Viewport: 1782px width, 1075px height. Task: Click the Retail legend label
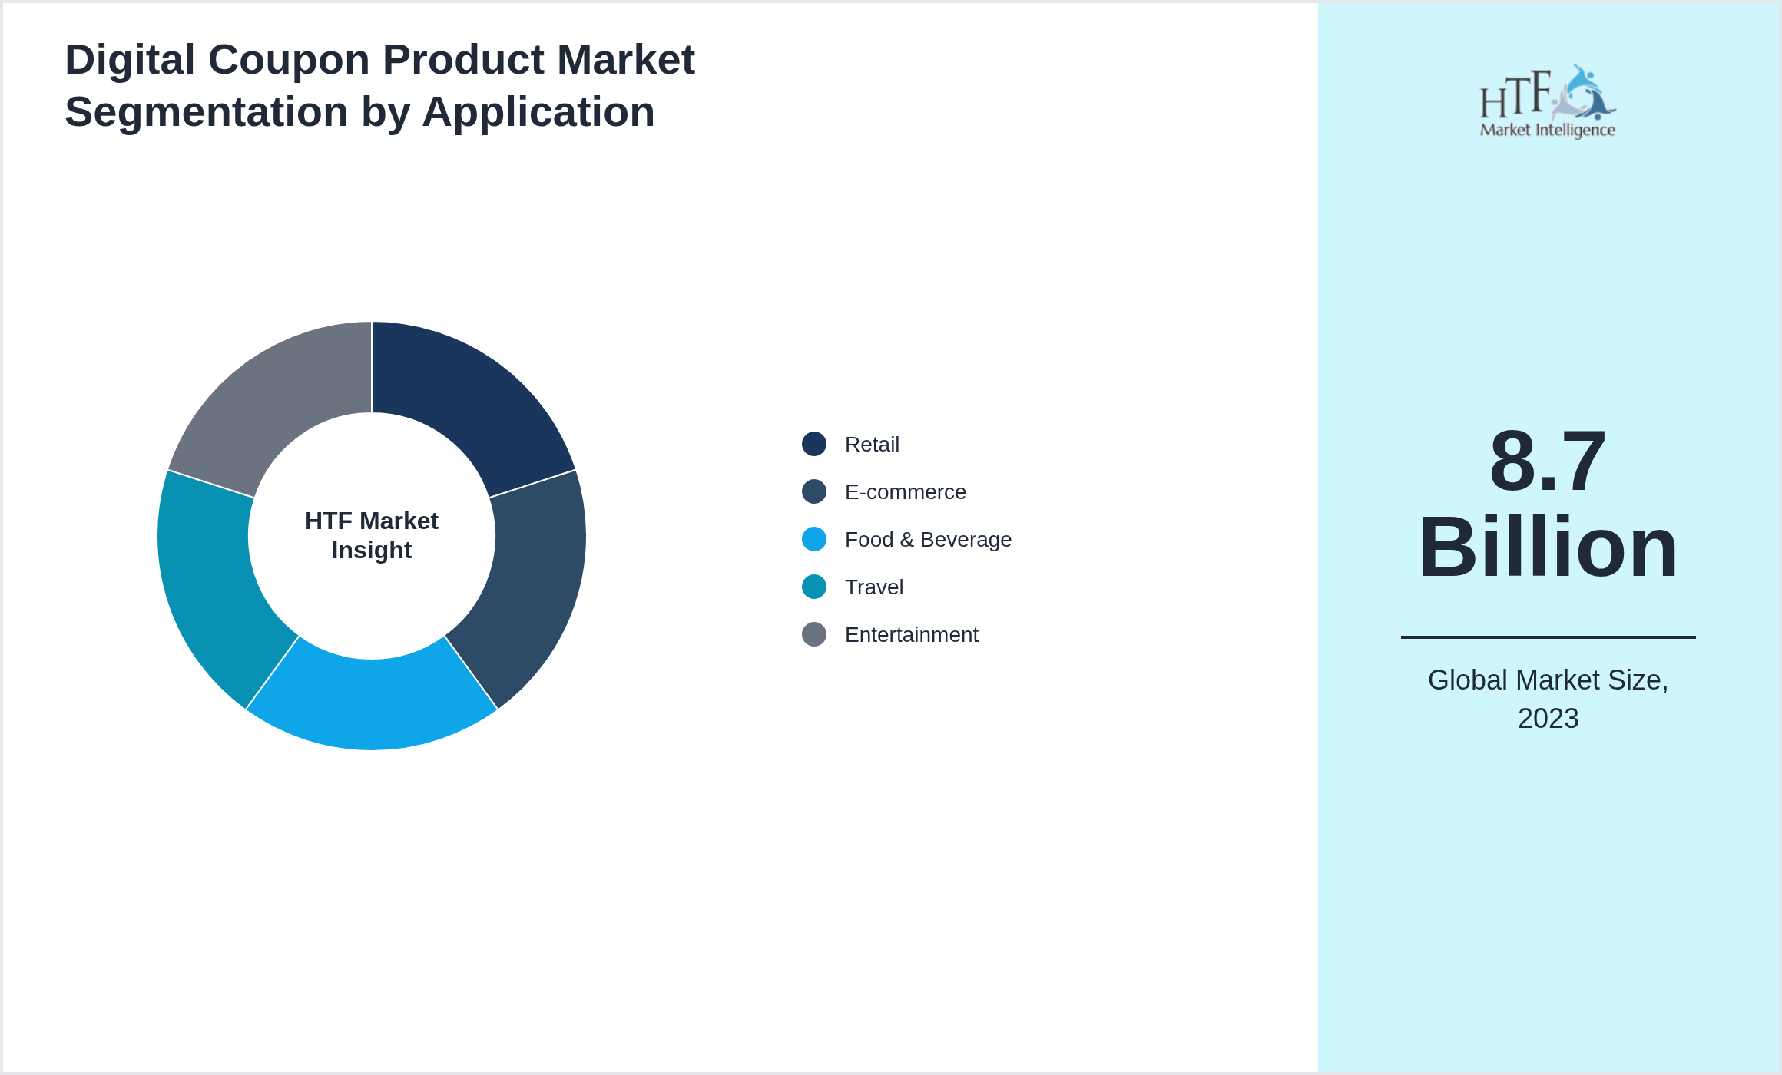[x=872, y=445]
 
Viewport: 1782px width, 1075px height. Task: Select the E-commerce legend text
[x=905, y=492]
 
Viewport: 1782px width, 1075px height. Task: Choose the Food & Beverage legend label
[x=928, y=540]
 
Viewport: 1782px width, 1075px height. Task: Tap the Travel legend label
[x=873, y=587]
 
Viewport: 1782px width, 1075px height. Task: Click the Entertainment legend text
[x=911, y=635]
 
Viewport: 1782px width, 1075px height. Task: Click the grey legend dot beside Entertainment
[x=814, y=634]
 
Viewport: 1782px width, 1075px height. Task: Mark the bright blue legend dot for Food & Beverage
[x=814, y=539]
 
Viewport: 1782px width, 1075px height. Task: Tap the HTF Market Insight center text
[x=372, y=535]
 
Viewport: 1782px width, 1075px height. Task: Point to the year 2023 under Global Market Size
[x=1548, y=719]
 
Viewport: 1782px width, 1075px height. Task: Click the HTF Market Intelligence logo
[x=1547, y=102]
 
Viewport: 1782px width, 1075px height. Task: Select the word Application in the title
[x=538, y=112]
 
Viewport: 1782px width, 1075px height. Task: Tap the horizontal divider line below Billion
[x=1547, y=637]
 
